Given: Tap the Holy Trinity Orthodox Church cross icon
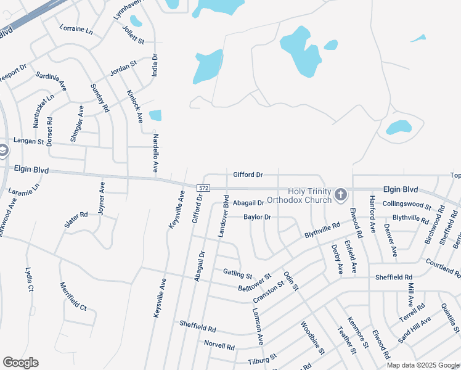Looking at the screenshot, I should [x=340, y=195].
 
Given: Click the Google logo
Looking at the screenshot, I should [x=20, y=363].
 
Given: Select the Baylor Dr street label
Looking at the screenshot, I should [x=257, y=217].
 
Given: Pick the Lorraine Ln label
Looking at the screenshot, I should [x=76, y=29].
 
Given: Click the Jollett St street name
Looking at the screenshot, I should [x=133, y=35].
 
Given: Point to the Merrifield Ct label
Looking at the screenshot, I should [x=73, y=297].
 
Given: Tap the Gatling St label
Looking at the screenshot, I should [x=238, y=273].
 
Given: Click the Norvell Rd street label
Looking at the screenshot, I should [x=219, y=347].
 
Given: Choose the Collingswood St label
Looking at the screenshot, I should [x=406, y=203].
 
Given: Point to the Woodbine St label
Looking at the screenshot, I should [x=312, y=338].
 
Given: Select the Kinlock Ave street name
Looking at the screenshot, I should [x=135, y=105].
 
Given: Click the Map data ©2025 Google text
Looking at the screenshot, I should [x=423, y=365].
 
